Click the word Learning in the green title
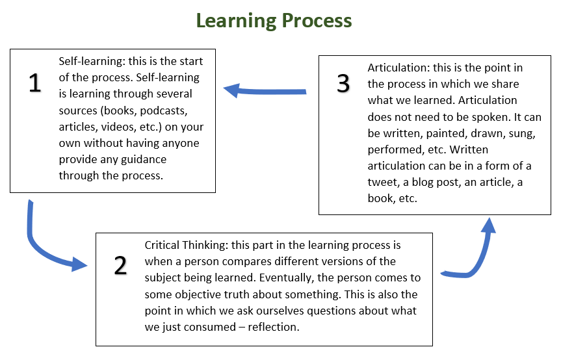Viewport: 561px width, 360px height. pos(235,20)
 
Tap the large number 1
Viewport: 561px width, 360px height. pos(35,83)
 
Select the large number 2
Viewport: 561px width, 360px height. pos(120,266)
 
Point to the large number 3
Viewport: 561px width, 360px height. pos(343,84)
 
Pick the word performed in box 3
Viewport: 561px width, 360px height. pos(395,149)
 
